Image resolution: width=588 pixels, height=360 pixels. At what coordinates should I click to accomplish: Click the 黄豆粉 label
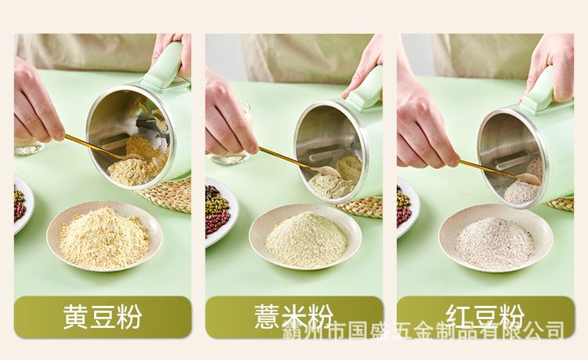(103, 317)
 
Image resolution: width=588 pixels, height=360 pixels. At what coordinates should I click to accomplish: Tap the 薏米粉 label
(294, 317)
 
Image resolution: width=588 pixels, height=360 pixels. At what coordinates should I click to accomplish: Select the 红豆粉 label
(485, 317)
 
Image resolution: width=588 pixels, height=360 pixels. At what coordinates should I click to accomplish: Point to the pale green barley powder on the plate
(306, 240)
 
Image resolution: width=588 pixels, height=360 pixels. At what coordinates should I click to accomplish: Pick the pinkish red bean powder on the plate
(494, 243)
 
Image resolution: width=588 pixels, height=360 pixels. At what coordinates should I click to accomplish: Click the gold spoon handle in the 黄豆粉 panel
(93, 146)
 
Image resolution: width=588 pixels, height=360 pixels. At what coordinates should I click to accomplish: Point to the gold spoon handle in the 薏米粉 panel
(285, 158)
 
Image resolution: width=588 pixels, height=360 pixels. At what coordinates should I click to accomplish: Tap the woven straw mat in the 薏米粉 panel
(361, 207)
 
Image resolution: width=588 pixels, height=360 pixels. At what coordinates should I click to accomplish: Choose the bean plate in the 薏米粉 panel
(221, 212)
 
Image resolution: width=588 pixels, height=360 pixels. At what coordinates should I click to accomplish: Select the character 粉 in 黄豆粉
(129, 317)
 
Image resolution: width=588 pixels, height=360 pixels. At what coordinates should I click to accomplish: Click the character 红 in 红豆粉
(459, 317)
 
